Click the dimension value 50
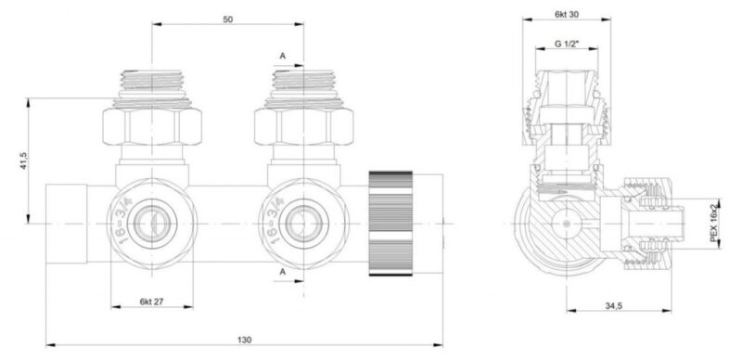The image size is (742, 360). pos(228,19)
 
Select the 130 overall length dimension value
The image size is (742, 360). pos(245,340)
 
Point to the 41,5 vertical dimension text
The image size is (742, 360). pos(24,161)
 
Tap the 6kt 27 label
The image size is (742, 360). pos(152,302)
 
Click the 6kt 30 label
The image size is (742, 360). pos(567,15)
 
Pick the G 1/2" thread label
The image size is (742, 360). pos(567,44)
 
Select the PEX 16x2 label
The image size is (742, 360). pos(714,223)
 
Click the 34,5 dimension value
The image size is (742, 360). pos(613,306)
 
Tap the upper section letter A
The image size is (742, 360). pos(283,56)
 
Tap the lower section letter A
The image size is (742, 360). pos(283,272)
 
